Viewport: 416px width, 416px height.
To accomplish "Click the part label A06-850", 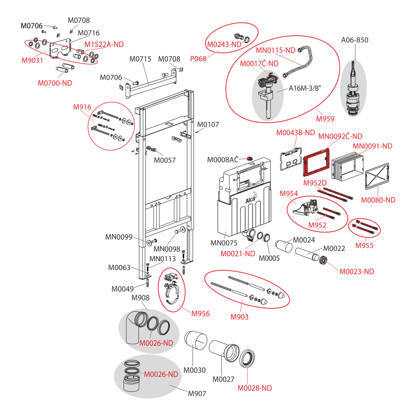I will click(354, 40).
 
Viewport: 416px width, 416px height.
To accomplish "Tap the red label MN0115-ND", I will click(275, 50).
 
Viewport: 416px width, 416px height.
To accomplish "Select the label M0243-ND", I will click(224, 45).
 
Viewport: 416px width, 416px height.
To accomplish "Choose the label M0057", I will click(165, 160).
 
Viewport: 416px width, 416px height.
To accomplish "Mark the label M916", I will click(82, 107).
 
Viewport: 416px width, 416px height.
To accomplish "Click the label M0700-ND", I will click(55, 83).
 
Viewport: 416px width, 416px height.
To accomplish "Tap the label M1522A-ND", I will click(104, 45).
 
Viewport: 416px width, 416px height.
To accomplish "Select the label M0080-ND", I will click(378, 200).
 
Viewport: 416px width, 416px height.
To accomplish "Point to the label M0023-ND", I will click(357, 272).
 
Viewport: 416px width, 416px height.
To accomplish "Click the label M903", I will click(240, 317).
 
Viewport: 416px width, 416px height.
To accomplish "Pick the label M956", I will click(201, 314).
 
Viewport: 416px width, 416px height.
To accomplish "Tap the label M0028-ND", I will click(255, 388).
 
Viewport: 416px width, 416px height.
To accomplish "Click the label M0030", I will click(195, 370).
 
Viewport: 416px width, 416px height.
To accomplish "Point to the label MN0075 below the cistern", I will click(224, 243).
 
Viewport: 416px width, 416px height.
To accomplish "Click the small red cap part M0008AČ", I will click(250, 158).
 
